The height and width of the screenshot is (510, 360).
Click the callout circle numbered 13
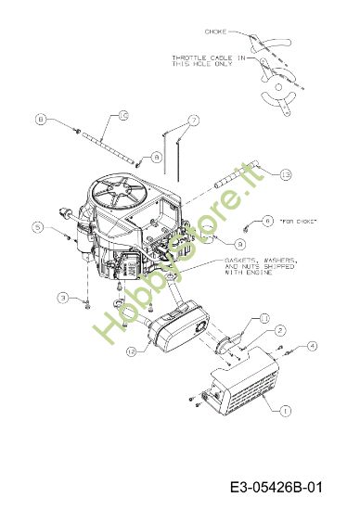[x=260, y=174]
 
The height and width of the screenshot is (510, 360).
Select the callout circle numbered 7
[x=193, y=120]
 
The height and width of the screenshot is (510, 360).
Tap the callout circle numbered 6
[x=266, y=221]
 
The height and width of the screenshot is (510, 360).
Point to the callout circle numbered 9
[x=214, y=242]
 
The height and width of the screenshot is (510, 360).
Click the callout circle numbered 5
[x=37, y=226]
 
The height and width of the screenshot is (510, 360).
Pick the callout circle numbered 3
[x=62, y=297]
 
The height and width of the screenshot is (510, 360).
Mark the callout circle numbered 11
[x=264, y=318]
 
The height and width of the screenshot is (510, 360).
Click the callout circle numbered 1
[x=284, y=409]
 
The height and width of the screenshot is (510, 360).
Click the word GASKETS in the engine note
[x=243, y=261]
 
